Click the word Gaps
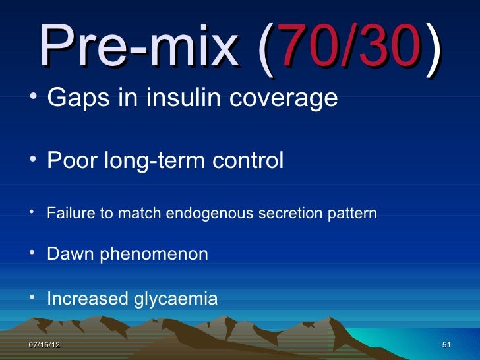[73, 99]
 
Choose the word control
[250, 160]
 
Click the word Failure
[68, 214]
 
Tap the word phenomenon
[154, 255]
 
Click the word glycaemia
[175, 300]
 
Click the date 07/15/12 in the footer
[44, 345]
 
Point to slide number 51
[446, 345]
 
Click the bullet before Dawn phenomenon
[33, 253]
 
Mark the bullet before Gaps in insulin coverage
[33, 98]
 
